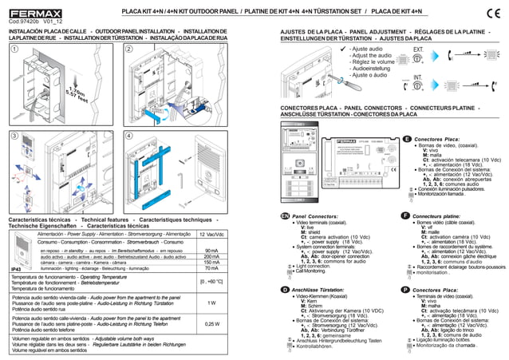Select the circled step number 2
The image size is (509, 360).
click(130, 49)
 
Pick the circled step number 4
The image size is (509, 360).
click(130, 136)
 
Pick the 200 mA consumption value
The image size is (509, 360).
click(211, 257)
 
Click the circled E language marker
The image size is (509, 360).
click(408, 140)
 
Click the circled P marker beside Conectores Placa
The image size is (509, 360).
click(407, 289)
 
